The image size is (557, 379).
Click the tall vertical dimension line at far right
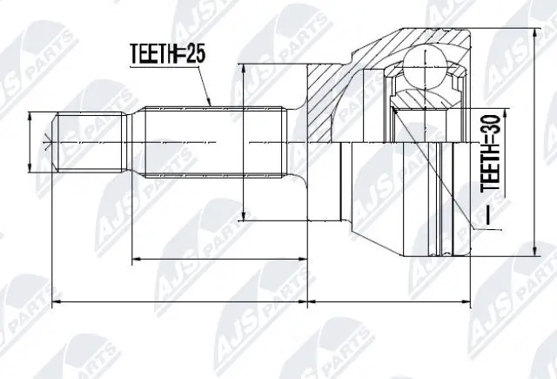pyautogui.click(x=532, y=139)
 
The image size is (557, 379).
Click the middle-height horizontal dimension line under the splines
pyautogui.click(x=218, y=259)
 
